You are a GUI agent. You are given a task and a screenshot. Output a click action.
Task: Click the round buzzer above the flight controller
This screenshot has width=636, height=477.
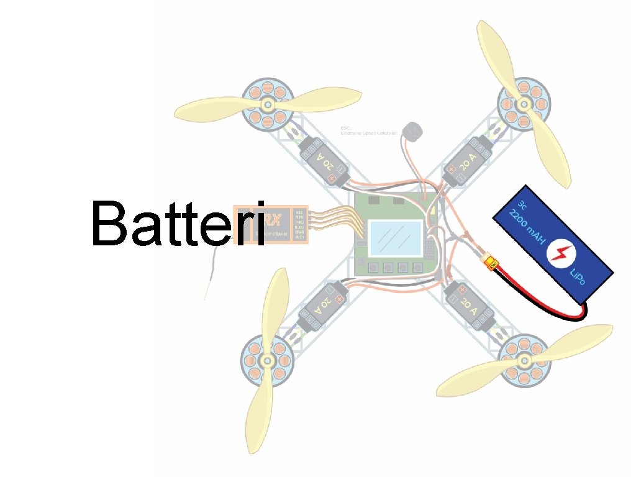[411, 131]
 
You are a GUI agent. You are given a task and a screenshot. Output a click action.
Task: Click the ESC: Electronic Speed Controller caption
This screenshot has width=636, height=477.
[368, 131]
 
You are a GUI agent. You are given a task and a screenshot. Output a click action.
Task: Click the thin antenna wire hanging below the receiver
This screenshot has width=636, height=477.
[211, 273]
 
